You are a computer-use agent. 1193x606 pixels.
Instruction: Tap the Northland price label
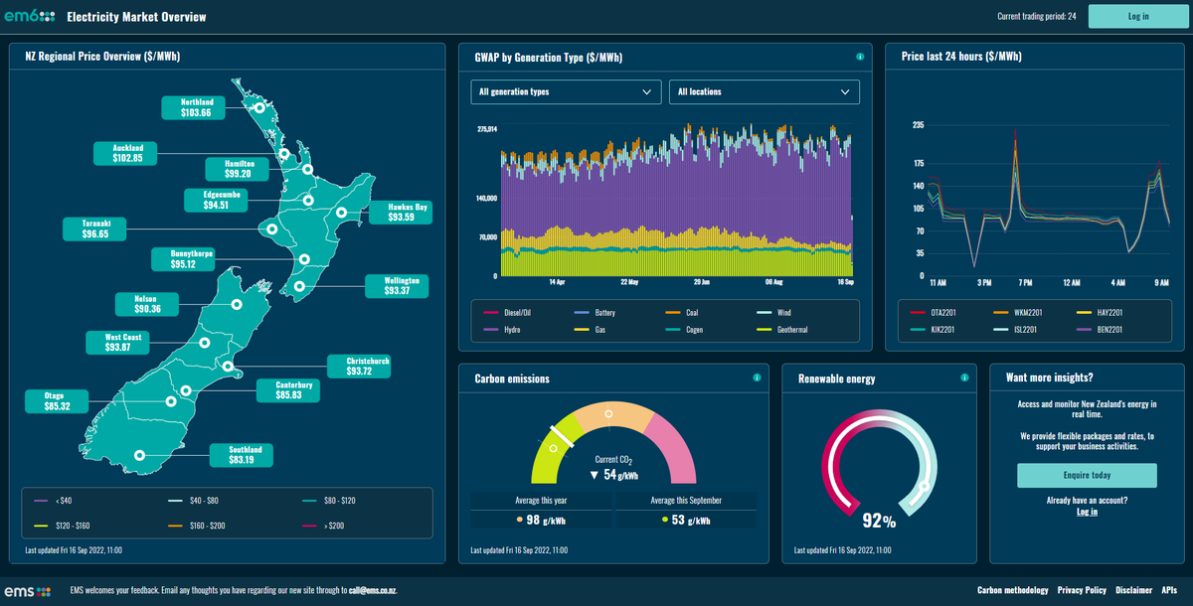[x=196, y=107]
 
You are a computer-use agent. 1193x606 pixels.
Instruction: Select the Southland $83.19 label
[x=241, y=454]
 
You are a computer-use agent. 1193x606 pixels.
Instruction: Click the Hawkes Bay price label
[x=402, y=213]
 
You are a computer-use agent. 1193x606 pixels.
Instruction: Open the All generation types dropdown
[x=566, y=91]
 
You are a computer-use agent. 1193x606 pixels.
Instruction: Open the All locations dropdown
[x=764, y=91]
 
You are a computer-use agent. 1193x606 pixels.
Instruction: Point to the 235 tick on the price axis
[x=918, y=125]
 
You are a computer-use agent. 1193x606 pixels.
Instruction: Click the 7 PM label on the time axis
[x=1026, y=282]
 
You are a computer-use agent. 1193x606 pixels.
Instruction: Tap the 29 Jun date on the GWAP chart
[x=702, y=282]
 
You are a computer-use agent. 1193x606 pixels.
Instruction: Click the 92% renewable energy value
[x=879, y=522]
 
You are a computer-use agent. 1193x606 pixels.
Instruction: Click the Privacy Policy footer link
[x=1082, y=590]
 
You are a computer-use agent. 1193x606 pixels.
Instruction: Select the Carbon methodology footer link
[x=1012, y=590]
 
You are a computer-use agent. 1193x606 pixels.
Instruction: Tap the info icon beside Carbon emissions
[x=757, y=378]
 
